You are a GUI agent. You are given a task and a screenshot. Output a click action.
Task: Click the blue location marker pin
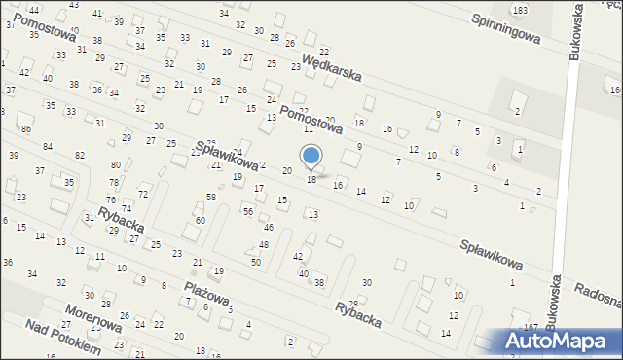(311, 157)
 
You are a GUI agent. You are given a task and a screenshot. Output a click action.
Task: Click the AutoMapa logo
(562, 341)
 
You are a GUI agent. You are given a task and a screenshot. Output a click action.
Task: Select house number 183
(521, 10)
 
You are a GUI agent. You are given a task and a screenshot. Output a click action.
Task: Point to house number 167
(531, 327)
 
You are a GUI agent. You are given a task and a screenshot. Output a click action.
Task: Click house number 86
(26, 129)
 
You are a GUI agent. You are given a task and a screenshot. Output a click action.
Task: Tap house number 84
(48, 146)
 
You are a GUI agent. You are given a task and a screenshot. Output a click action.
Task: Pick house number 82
(80, 156)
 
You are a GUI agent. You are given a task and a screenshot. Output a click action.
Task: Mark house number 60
(200, 220)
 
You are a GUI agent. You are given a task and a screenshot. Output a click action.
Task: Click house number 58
(210, 198)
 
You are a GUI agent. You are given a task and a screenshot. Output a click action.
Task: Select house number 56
(248, 211)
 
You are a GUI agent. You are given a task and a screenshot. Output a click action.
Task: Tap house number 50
(255, 263)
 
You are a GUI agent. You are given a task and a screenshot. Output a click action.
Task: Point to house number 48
(263, 244)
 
